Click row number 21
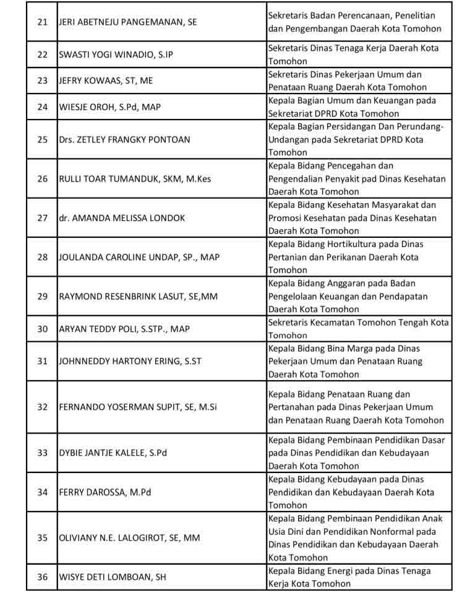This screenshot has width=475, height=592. point(42,22)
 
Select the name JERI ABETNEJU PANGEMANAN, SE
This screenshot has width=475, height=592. point(128,22)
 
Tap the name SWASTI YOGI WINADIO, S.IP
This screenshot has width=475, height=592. point(116,54)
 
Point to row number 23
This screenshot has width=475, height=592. point(42,81)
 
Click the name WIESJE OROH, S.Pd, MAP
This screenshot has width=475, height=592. point(109,107)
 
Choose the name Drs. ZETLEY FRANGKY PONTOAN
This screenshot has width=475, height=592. point(124,139)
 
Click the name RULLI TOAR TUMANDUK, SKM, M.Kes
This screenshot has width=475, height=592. point(135,179)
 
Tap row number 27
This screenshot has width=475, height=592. point(42,218)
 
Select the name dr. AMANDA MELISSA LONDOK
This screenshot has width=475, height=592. point(122,218)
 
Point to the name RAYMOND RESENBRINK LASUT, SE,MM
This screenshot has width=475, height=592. point(138,296)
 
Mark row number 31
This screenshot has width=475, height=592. point(42,361)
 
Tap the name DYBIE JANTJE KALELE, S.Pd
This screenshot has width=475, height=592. point(113,453)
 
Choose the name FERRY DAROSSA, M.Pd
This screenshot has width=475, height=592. point(105,492)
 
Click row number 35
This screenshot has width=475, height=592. point(42,538)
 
